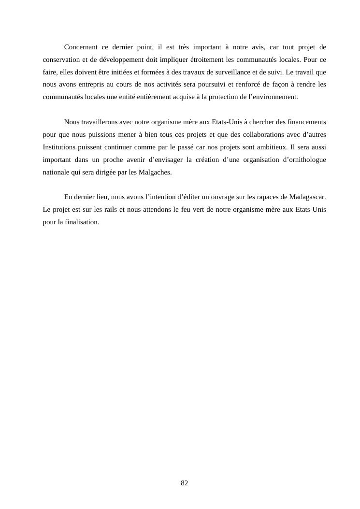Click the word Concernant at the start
81,47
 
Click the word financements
304,122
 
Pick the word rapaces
263,197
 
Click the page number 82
184,483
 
